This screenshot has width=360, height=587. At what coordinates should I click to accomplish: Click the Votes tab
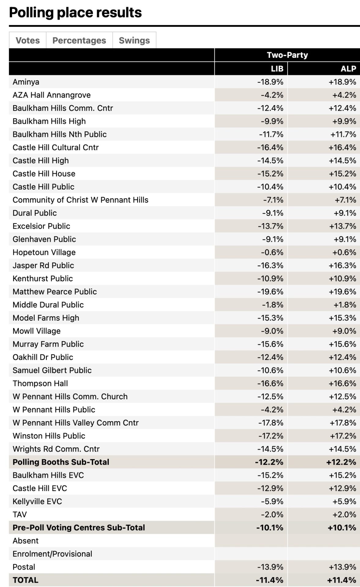pos(28,40)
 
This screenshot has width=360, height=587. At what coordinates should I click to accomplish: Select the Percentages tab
pos(79,40)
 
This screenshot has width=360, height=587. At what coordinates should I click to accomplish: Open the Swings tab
pos(134,40)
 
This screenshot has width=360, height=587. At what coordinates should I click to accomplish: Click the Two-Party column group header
pos(287,55)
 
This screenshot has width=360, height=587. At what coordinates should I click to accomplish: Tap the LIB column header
pos(277,68)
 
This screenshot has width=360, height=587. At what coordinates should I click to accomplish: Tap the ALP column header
pos(348,68)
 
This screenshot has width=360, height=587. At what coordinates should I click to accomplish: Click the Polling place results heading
pos(75,13)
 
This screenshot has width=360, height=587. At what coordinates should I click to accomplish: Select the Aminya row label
pos(26,82)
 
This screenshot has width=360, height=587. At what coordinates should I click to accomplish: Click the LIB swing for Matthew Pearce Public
pos(270,292)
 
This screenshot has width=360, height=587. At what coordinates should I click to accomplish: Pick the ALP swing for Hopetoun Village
pos(344,252)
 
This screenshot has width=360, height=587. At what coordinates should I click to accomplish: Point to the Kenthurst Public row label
pos(43,279)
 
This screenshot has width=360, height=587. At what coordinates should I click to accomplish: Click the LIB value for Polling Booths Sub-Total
pos(269,462)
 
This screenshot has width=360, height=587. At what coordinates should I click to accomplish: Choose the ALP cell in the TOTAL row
pos(342,580)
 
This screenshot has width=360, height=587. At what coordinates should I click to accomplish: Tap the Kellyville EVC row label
pos(37,501)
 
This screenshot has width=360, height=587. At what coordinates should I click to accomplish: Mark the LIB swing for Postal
pos(270,567)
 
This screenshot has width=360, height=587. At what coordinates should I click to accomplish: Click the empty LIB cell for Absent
pos(251,541)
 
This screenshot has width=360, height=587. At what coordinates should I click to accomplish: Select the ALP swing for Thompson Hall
pos(343,383)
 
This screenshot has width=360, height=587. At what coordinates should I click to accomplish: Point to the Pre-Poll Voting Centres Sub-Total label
pos(79,527)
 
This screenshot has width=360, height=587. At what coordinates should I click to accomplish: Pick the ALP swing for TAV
pos(344,515)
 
